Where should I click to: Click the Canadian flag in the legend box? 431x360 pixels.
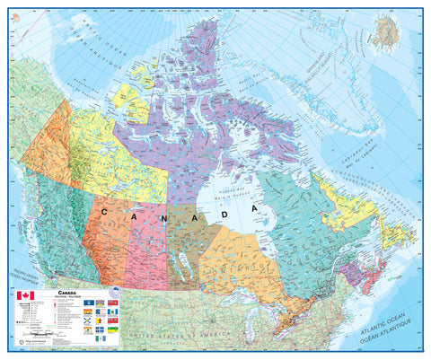(24, 295)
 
